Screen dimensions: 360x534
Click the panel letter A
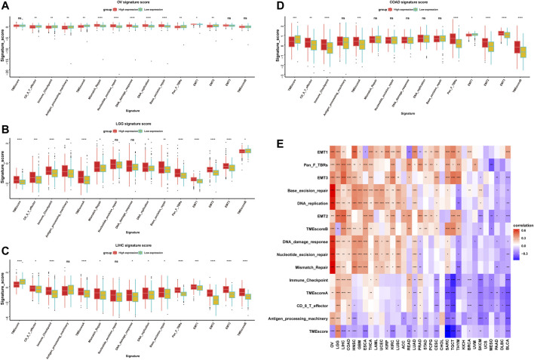tap(5, 5)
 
